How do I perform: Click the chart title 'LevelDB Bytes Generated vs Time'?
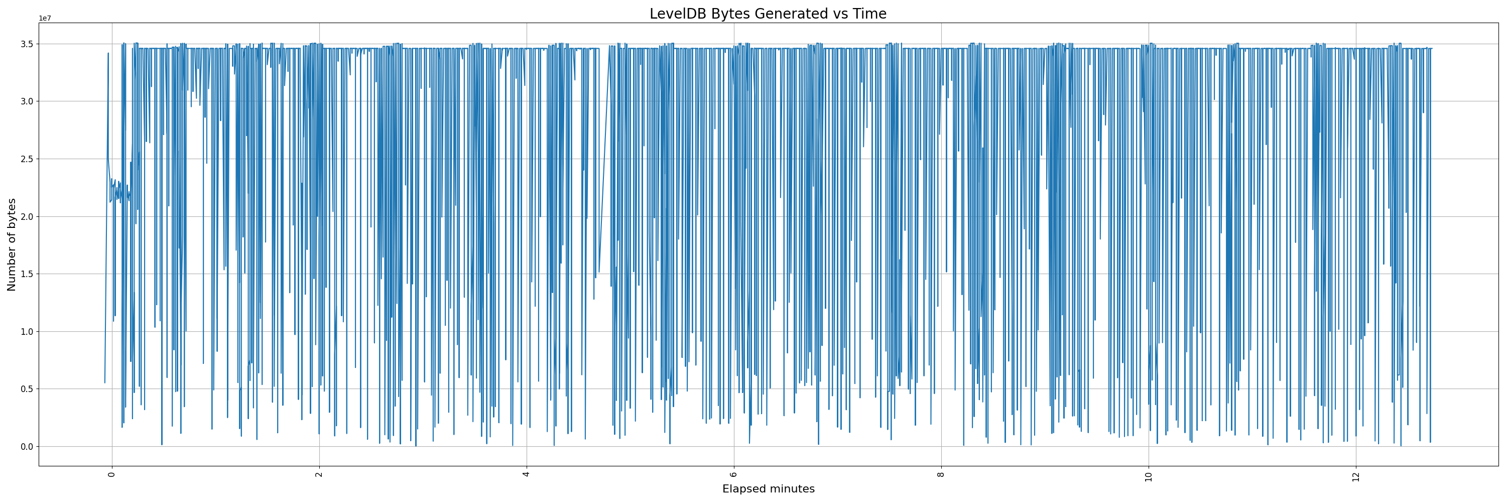pos(768,14)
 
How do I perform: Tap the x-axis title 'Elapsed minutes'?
pos(768,489)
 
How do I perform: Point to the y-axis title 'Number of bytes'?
pos(12,244)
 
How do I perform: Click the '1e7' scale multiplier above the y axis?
pos(45,18)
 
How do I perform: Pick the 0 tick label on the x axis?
pos(111,474)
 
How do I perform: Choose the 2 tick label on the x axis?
pos(319,474)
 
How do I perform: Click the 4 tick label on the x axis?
pos(526,474)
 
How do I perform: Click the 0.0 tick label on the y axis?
pos(28,446)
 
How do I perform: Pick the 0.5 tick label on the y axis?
pos(28,389)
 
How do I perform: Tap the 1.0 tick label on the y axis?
pos(28,331)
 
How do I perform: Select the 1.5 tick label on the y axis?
pos(28,274)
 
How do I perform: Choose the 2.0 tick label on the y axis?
pos(28,216)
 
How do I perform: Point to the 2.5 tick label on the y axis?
pos(28,159)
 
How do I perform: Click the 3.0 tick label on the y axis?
pos(28,101)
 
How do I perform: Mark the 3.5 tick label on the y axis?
pos(28,44)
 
